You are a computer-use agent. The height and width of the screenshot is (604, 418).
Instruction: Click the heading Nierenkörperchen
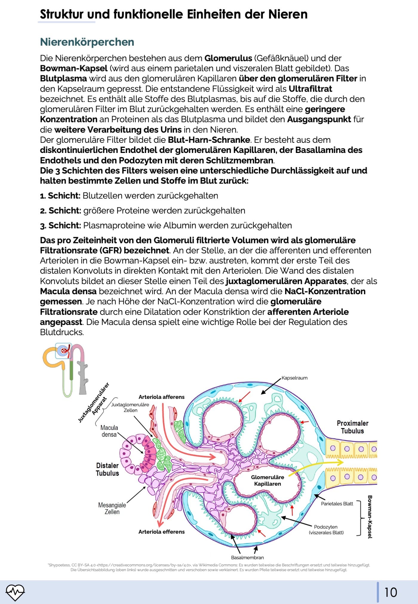coord(87,42)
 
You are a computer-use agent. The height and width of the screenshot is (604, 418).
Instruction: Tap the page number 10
coord(391,592)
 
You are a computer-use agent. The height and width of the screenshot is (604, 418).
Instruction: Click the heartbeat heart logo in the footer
coord(15,592)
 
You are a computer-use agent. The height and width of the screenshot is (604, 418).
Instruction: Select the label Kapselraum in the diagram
coord(294,378)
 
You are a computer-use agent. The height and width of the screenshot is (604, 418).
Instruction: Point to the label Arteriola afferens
coord(162,397)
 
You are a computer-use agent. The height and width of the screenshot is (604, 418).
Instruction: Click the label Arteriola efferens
coord(162,532)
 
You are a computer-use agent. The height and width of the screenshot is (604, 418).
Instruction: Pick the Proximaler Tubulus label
coord(352,427)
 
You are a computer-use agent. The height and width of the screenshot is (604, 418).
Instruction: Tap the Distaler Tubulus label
coord(107,469)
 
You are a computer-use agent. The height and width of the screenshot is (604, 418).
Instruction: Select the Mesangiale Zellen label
coord(112,508)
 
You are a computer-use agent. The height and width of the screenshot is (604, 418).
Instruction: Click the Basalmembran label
coord(247,557)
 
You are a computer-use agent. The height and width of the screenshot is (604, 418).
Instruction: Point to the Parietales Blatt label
coord(337,504)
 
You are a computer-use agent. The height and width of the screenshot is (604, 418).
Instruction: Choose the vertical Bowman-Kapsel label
coord(370,517)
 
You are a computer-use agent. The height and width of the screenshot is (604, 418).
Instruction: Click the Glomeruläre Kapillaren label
coord(268,480)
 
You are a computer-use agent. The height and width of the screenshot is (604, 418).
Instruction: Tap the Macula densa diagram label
coord(109,431)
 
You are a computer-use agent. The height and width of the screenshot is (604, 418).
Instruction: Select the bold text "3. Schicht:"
coord(60,226)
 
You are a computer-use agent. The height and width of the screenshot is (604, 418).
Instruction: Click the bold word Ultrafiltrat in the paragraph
coord(310,89)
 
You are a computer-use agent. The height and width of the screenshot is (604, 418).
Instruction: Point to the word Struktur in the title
coord(62,14)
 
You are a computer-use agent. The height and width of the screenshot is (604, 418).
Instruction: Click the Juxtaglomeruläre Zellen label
coord(130,407)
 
